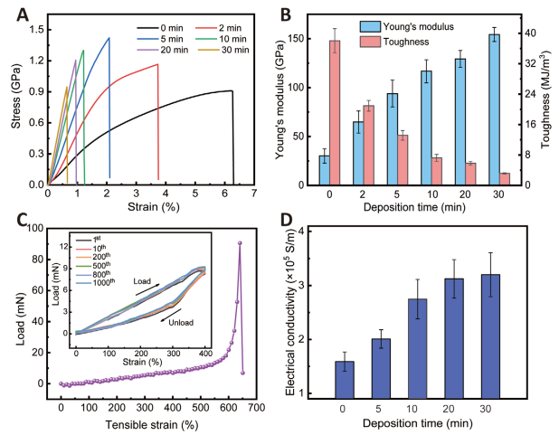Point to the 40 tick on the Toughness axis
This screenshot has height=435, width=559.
533,33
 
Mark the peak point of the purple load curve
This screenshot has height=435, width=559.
240,242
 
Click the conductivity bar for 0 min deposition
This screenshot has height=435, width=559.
345,379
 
